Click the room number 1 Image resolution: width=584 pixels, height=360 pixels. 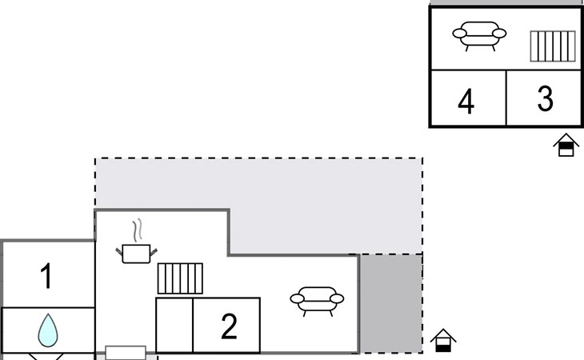pos(46,276)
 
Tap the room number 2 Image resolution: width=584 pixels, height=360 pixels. pos(229,326)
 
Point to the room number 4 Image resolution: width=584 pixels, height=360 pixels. pos(466,101)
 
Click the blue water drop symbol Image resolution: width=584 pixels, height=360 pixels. pos(48,330)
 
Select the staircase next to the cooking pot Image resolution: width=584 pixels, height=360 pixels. pos(180,278)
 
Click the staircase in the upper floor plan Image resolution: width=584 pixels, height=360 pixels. pos(553,46)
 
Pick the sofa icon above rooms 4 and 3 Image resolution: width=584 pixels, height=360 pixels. pos(479,36)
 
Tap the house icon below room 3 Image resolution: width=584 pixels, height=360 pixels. pos(566,145)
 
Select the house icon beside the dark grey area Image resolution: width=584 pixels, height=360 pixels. pos(443,340)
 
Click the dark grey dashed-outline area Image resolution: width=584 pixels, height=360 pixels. pos(391,304)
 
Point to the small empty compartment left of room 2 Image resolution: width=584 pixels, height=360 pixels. pos(174,325)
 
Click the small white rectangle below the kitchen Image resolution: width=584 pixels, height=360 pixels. pos(126,353)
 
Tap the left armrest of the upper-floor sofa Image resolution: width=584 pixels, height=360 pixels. pos(460,34)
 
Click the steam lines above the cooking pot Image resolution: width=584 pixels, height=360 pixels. pos(138,230)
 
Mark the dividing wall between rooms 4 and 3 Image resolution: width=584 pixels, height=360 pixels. pos(506,98)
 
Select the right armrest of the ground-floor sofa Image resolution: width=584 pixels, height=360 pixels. pos(337,298)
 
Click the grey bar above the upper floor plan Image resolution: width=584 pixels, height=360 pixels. pos(507,2)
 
